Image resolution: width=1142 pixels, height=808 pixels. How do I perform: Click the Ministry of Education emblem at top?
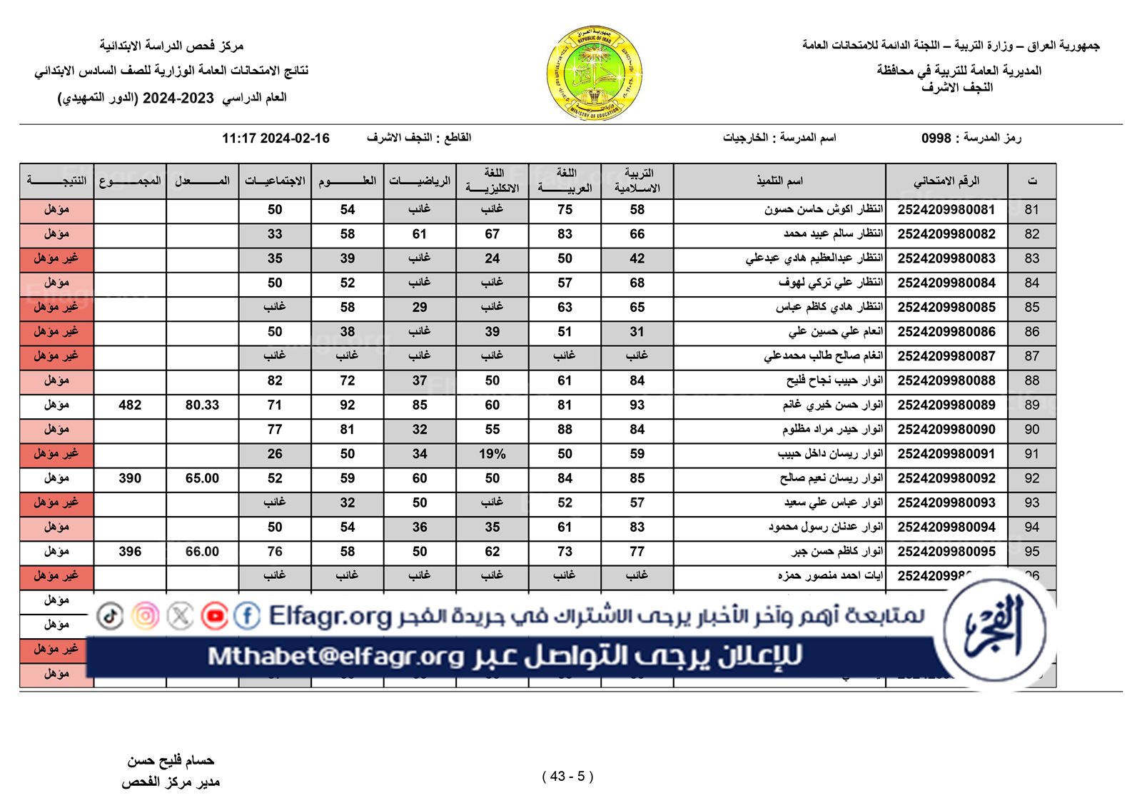pos(595,73)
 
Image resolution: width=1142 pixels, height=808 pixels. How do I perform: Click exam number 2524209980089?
pos(946,405)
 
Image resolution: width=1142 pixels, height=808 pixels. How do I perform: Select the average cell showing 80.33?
pos(202,405)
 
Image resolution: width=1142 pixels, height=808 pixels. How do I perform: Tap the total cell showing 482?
pos(130,405)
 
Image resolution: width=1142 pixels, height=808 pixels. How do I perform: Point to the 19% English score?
pos(492,454)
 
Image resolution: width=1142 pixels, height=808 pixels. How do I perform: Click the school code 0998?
pos(936,138)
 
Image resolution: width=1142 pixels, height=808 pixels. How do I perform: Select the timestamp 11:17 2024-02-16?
pos(276,138)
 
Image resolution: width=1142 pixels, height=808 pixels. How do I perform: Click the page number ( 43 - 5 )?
pos(567,776)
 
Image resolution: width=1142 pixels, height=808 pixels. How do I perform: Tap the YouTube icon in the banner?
pos(214,615)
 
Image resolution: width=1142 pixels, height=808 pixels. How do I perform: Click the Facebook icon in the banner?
pos(247,615)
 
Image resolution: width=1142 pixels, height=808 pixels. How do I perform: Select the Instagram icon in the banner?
pos(146,615)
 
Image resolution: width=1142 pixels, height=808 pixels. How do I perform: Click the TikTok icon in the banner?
pos(110,615)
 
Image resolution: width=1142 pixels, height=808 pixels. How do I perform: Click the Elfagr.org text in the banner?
pos(330,615)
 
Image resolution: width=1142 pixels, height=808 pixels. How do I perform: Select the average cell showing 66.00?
pos(202,552)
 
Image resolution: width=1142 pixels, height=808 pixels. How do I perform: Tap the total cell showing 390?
pos(130,478)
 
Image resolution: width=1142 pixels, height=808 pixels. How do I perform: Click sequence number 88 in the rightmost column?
pos(1031,380)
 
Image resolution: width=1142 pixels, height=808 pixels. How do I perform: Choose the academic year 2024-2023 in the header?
pos(178,99)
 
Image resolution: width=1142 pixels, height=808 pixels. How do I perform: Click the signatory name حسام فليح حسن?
pos(171,761)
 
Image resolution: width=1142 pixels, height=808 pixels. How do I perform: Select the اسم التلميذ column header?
pos(779,181)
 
